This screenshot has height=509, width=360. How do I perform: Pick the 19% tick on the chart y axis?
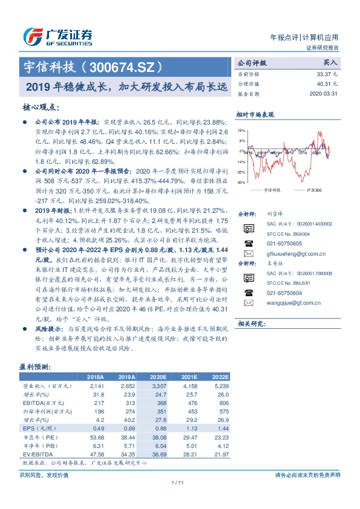tap(241, 130)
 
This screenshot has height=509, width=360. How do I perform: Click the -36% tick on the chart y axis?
tap(241, 182)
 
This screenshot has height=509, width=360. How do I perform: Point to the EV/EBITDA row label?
tap(38, 453)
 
